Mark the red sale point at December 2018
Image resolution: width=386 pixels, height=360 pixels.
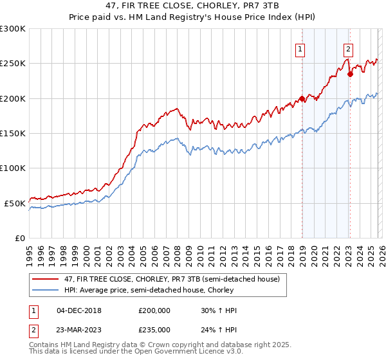301,99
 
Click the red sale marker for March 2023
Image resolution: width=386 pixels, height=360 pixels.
350,74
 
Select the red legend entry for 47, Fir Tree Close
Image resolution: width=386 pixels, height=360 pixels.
170,280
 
